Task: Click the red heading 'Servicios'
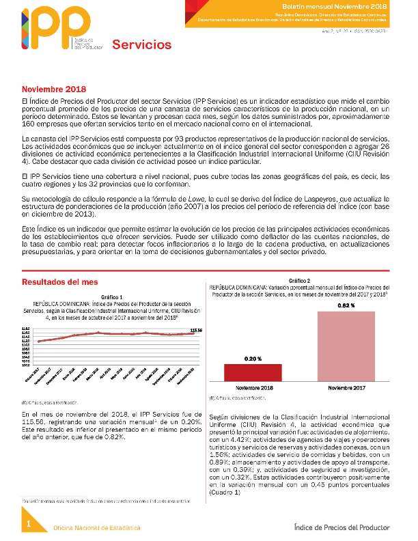point(142,45)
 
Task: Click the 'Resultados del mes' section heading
point(59,282)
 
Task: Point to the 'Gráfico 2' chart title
point(299,281)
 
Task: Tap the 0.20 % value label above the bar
point(253,358)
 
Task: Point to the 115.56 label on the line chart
point(196,330)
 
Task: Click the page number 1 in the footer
point(29,524)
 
